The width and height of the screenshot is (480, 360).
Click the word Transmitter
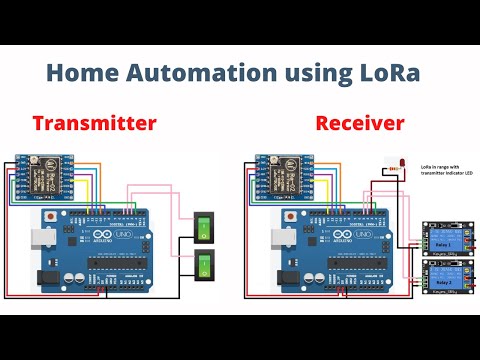tap(94, 124)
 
